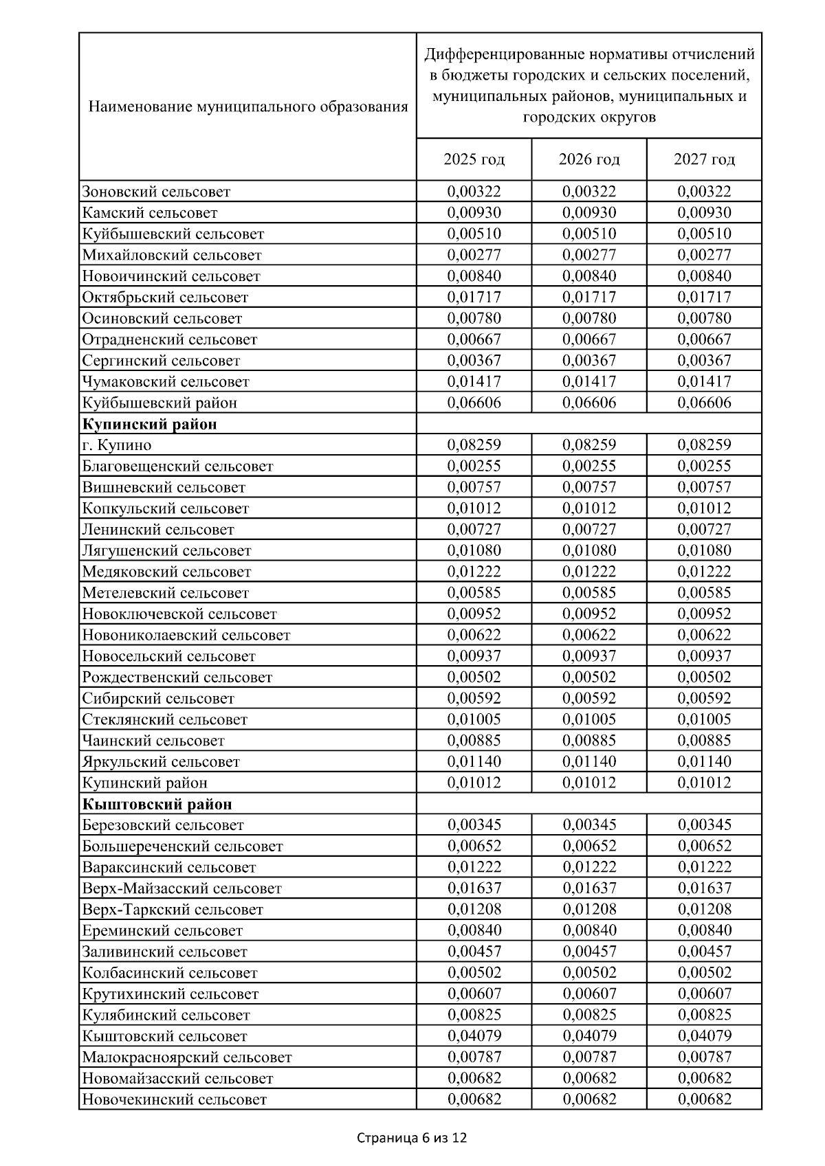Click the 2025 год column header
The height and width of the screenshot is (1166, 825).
[474, 159]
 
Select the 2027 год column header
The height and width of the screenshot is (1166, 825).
[704, 159]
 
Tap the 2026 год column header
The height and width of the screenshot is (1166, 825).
[589, 159]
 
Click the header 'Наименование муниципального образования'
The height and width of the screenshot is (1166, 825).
[248, 106]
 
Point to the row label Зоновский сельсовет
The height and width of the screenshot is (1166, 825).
[156, 192]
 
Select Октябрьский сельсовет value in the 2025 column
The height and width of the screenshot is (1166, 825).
[474, 298]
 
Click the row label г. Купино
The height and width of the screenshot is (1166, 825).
[117, 445]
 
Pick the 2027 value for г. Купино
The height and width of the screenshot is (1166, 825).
[704, 445]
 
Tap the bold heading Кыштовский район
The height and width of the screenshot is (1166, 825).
[157, 804]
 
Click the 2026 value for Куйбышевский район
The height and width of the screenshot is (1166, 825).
[589, 403]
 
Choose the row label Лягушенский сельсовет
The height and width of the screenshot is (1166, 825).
[167, 550]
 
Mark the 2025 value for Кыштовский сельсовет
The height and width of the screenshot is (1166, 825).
[474, 1035]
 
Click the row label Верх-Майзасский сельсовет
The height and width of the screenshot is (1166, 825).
[182, 888]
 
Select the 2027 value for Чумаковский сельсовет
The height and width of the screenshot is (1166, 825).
[704, 381]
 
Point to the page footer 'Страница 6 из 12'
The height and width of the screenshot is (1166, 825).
[412, 1138]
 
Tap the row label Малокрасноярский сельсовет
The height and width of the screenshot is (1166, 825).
[187, 1057]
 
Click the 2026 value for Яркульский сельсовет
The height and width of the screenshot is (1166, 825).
[589, 761]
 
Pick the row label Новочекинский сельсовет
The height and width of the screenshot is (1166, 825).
[175, 1099]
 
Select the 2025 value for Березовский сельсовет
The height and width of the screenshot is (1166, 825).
[474, 825]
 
